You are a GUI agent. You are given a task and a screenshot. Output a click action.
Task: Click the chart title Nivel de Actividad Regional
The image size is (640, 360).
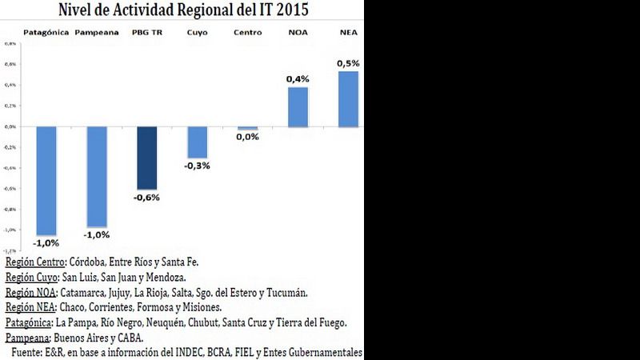pyautogui.click(x=183, y=10)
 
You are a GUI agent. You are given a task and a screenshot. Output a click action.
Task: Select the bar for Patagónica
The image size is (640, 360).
pyautogui.click(x=46, y=179)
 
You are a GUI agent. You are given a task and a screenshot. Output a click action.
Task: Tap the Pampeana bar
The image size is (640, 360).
pyautogui.click(x=97, y=176)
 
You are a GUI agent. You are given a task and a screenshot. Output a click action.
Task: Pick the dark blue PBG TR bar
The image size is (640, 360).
pyautogui.click(x=146, y=158)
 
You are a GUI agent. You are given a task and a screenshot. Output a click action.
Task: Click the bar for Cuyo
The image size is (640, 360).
pyautogui.click(x=197, y=142)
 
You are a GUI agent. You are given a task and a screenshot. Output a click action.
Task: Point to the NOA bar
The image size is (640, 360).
pyautogui.click(x=298, y=106)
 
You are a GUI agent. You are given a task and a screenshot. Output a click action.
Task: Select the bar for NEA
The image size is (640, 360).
pyautogui.click(x=348, y=98)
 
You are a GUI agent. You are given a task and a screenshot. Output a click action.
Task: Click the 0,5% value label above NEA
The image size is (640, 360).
pyautogui.click(x=348, y=62)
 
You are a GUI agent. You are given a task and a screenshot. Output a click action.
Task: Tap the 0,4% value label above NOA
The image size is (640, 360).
pyautogui.click(x=298, y=78)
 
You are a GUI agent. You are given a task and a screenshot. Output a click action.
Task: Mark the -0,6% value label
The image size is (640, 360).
pyautogui.click(x=147, y=198)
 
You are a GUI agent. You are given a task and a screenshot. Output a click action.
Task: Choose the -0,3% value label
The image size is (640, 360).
pyautogui.click(x=198, y=166)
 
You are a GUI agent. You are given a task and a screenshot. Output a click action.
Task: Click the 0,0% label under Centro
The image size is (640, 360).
pyautogui.click(x=247, y=137)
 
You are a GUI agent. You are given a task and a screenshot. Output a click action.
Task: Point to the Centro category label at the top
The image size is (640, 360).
pyautogui.click(x=247, y=33)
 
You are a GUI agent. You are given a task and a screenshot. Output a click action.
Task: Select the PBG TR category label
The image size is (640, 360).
pyautogui.click(x=146, y=33)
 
